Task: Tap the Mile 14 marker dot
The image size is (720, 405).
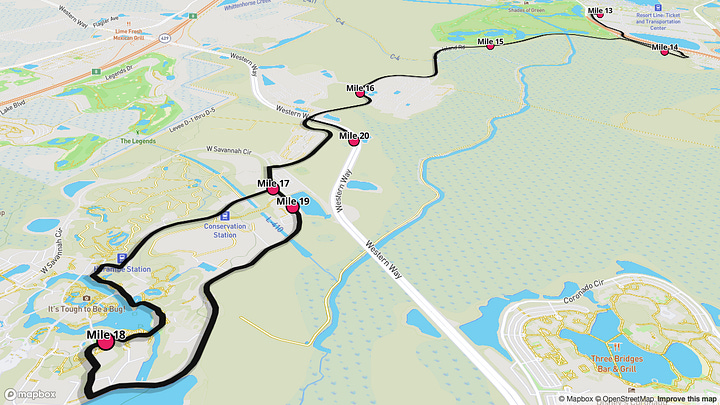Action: pos(665,51)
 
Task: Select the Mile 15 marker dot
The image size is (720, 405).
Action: pos(490,46)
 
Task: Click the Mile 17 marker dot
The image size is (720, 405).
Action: pos(272,189)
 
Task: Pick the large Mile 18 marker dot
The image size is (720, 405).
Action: pos(105,343)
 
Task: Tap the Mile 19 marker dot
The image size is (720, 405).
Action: pos(292,208)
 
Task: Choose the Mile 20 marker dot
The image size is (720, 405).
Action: pos(353,142)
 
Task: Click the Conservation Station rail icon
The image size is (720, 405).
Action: pos(224,214)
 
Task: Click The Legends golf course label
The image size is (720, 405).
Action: pos(138,141)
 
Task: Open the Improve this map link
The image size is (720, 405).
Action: pos(685,399)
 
